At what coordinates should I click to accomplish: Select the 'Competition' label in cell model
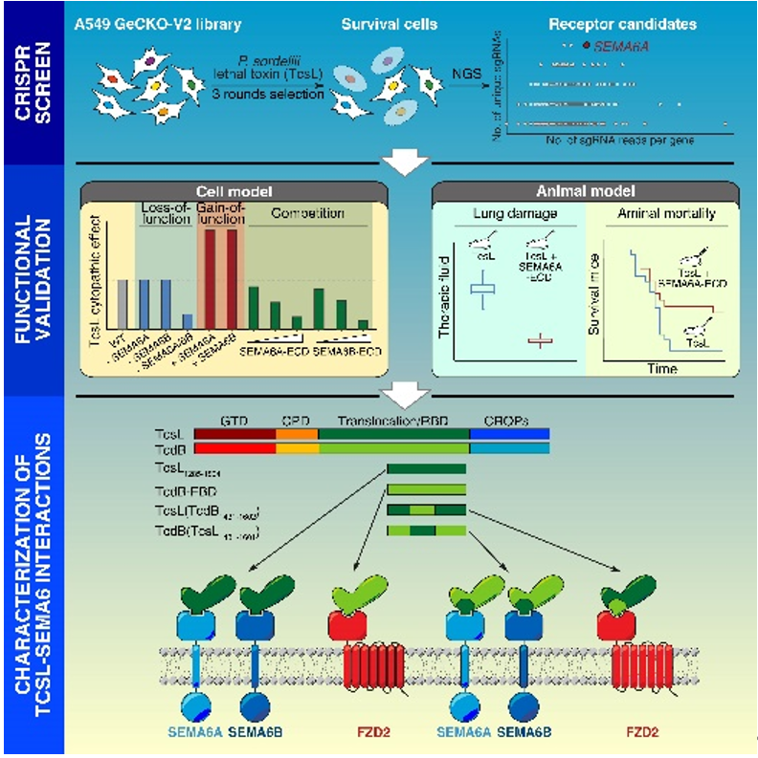[305, 213]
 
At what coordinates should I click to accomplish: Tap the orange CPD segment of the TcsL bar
[290, 433]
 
